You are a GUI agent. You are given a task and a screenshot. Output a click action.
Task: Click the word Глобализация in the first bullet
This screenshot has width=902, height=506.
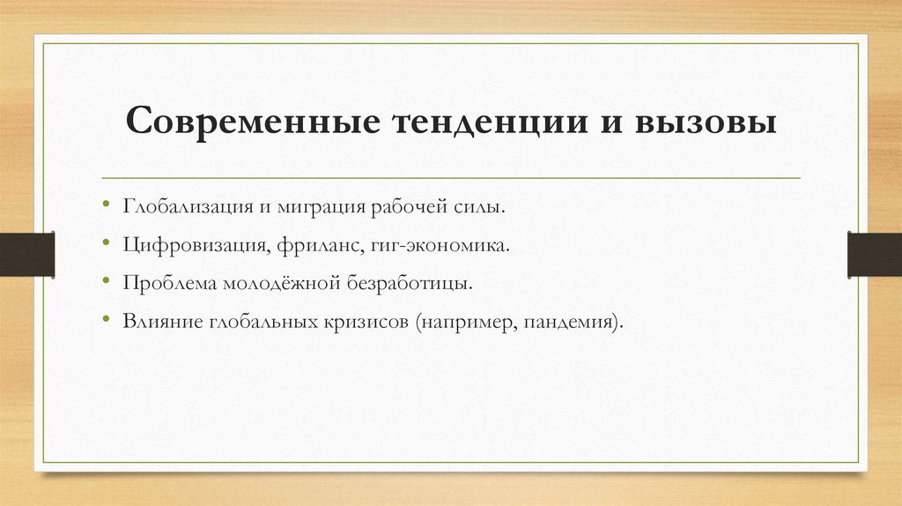187,206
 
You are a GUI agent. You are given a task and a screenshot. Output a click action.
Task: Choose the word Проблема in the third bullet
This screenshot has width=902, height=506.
165,284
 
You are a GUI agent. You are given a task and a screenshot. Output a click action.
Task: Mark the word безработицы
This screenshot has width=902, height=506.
412,284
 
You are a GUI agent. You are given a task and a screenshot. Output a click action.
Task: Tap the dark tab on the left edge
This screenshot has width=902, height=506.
27,253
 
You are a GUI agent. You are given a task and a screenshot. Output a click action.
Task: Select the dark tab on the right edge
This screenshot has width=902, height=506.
874,253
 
